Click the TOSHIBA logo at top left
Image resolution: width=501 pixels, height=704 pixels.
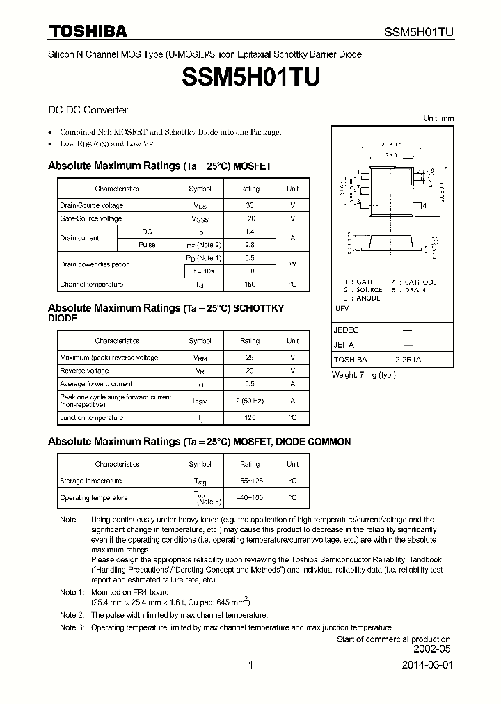(x=88, y=31)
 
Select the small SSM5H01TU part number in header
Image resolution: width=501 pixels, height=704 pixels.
(x=420, y=32)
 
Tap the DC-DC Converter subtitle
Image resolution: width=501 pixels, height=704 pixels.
(x=88, y=110)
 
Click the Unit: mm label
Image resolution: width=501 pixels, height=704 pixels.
(x=438, y=118)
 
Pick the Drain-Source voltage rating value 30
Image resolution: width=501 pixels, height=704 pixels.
(x=250, y=205)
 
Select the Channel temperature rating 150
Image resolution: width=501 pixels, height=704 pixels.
(x=250, y=285)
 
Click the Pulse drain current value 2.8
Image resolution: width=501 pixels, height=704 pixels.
(x=250, y=245)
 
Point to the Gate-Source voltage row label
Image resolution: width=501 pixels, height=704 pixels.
(x=90, y=218)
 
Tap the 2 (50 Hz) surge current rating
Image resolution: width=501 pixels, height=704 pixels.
(x=250, y=400)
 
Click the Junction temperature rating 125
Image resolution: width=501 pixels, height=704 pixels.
(x=250, y=418)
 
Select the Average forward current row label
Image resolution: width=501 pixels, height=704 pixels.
(x=96, y=384)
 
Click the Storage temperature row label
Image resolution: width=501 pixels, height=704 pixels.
(x=90, y=481)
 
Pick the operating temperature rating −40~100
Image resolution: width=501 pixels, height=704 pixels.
(x=250, y=498)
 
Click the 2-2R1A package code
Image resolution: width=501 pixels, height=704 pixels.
(x=408, y=360)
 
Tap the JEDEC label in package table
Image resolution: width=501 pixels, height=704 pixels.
(x=347, y=330)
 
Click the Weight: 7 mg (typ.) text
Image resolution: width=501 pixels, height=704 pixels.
(x=363, y=375)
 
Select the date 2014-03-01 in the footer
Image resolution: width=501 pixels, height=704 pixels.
(x=427, y=665)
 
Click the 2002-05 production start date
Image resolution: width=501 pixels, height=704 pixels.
(x=432, y=648)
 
